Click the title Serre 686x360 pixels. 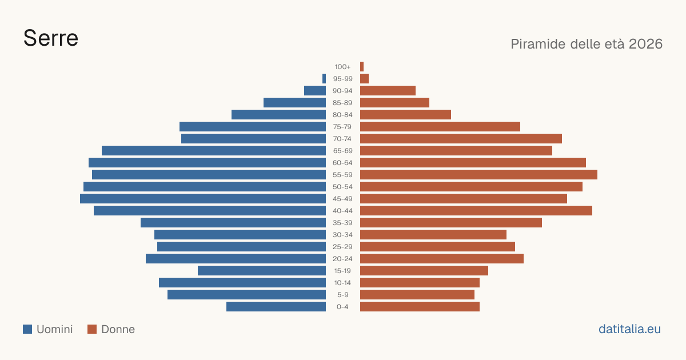pyautogui.click(x=51, y=38)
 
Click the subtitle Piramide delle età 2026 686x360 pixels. pyautogui.click(x=587, y=44)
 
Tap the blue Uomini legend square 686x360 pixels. pyautogui.click(x=27, y=329)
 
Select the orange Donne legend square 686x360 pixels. pyautogui.click(x=92, y=329)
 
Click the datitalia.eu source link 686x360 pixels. pyautogui.click(x=629, y=329)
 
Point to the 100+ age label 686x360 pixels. pyautogui.click(x=342, y=67)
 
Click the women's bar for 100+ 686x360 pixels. pyautogui.click(x=362, y=67)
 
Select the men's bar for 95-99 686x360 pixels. pyautogui.click(x=324, y=79)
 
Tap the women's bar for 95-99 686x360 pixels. pyautogui.click(x=365, y=79)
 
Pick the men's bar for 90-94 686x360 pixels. pyautogui.click(x=315, y=91)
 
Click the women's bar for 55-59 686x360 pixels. pyautogui.click(x=478, y=174)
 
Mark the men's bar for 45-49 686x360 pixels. pyautogui.click(x=203, y=199)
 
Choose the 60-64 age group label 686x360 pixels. pyautogui.click(x=342, y=162)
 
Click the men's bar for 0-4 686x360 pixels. pyautogui.click(x=276, y=306)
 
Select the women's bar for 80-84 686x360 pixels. pyautogui.click(x=405, y=114)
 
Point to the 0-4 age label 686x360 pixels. pyautogui.click(x=342, y=307)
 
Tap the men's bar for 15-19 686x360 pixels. pyautogui.click(x=262, y=271)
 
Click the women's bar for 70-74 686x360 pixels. pyautogui.click(x=461, y=139)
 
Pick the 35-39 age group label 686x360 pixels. pyautogui.click(x=342, y=222)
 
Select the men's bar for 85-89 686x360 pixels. pyautogui.click(x=294, y=102)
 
